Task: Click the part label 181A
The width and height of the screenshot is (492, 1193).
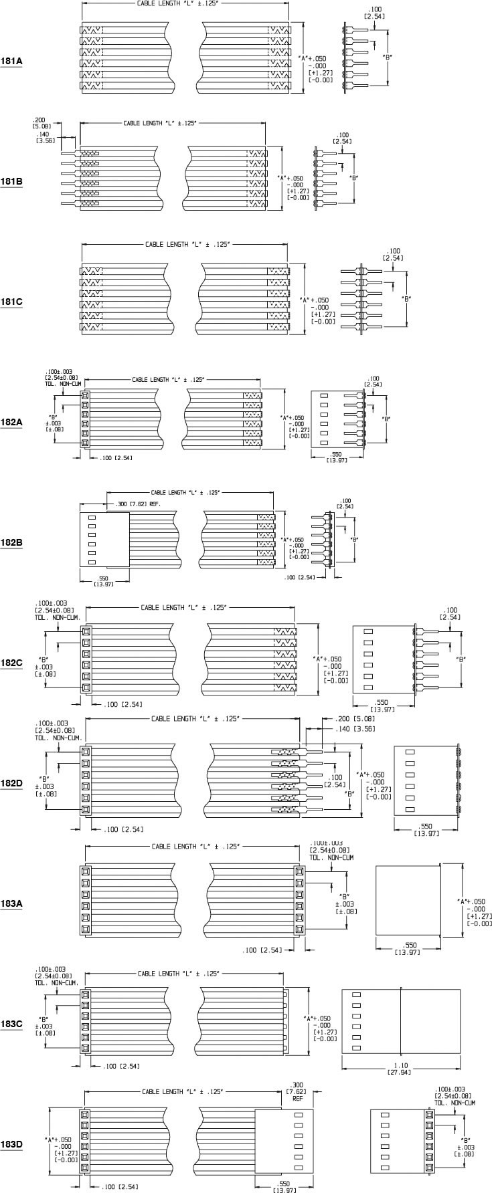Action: (11, 61)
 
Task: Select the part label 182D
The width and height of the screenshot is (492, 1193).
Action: (11, 783)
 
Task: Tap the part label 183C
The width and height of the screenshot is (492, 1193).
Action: (11, 1023)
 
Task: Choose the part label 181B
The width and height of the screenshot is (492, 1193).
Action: (11, 181)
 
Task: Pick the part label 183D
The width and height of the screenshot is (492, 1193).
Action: (11, 1144)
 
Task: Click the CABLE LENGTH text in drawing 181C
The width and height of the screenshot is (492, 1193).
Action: (187, 244)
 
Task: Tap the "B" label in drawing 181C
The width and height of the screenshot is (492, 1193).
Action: (405, 298)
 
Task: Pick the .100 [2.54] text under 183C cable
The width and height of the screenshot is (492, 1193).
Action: (121, 1065)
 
